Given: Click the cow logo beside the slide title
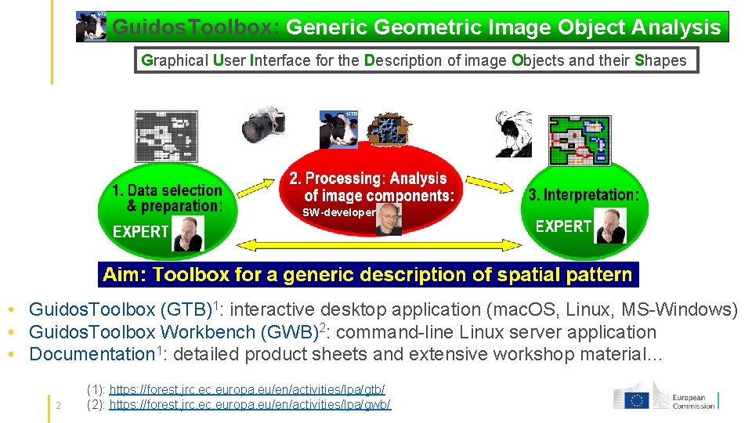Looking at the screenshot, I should click(91, 27).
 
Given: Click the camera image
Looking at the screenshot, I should click(263, 124).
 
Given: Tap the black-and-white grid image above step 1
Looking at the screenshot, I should click(167, 136).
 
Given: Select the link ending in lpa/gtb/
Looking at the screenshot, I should click(247, 389).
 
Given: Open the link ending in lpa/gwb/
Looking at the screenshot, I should click(249, 404).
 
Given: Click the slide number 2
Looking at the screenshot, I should click(59, 405).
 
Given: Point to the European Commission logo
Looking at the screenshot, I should click(665, 397).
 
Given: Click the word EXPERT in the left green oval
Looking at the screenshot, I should click(141, 231).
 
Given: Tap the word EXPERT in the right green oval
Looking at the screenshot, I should click(563, 226).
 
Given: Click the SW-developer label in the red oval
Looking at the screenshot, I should click(339, 212).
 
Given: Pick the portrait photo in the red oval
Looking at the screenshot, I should click(389, 219).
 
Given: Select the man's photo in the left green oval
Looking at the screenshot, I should click(188, 233).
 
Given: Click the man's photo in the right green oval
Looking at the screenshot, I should click(611, 227).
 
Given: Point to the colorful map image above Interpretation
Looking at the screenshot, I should click(580, 139).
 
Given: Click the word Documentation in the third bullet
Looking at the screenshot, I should click(92, 354).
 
